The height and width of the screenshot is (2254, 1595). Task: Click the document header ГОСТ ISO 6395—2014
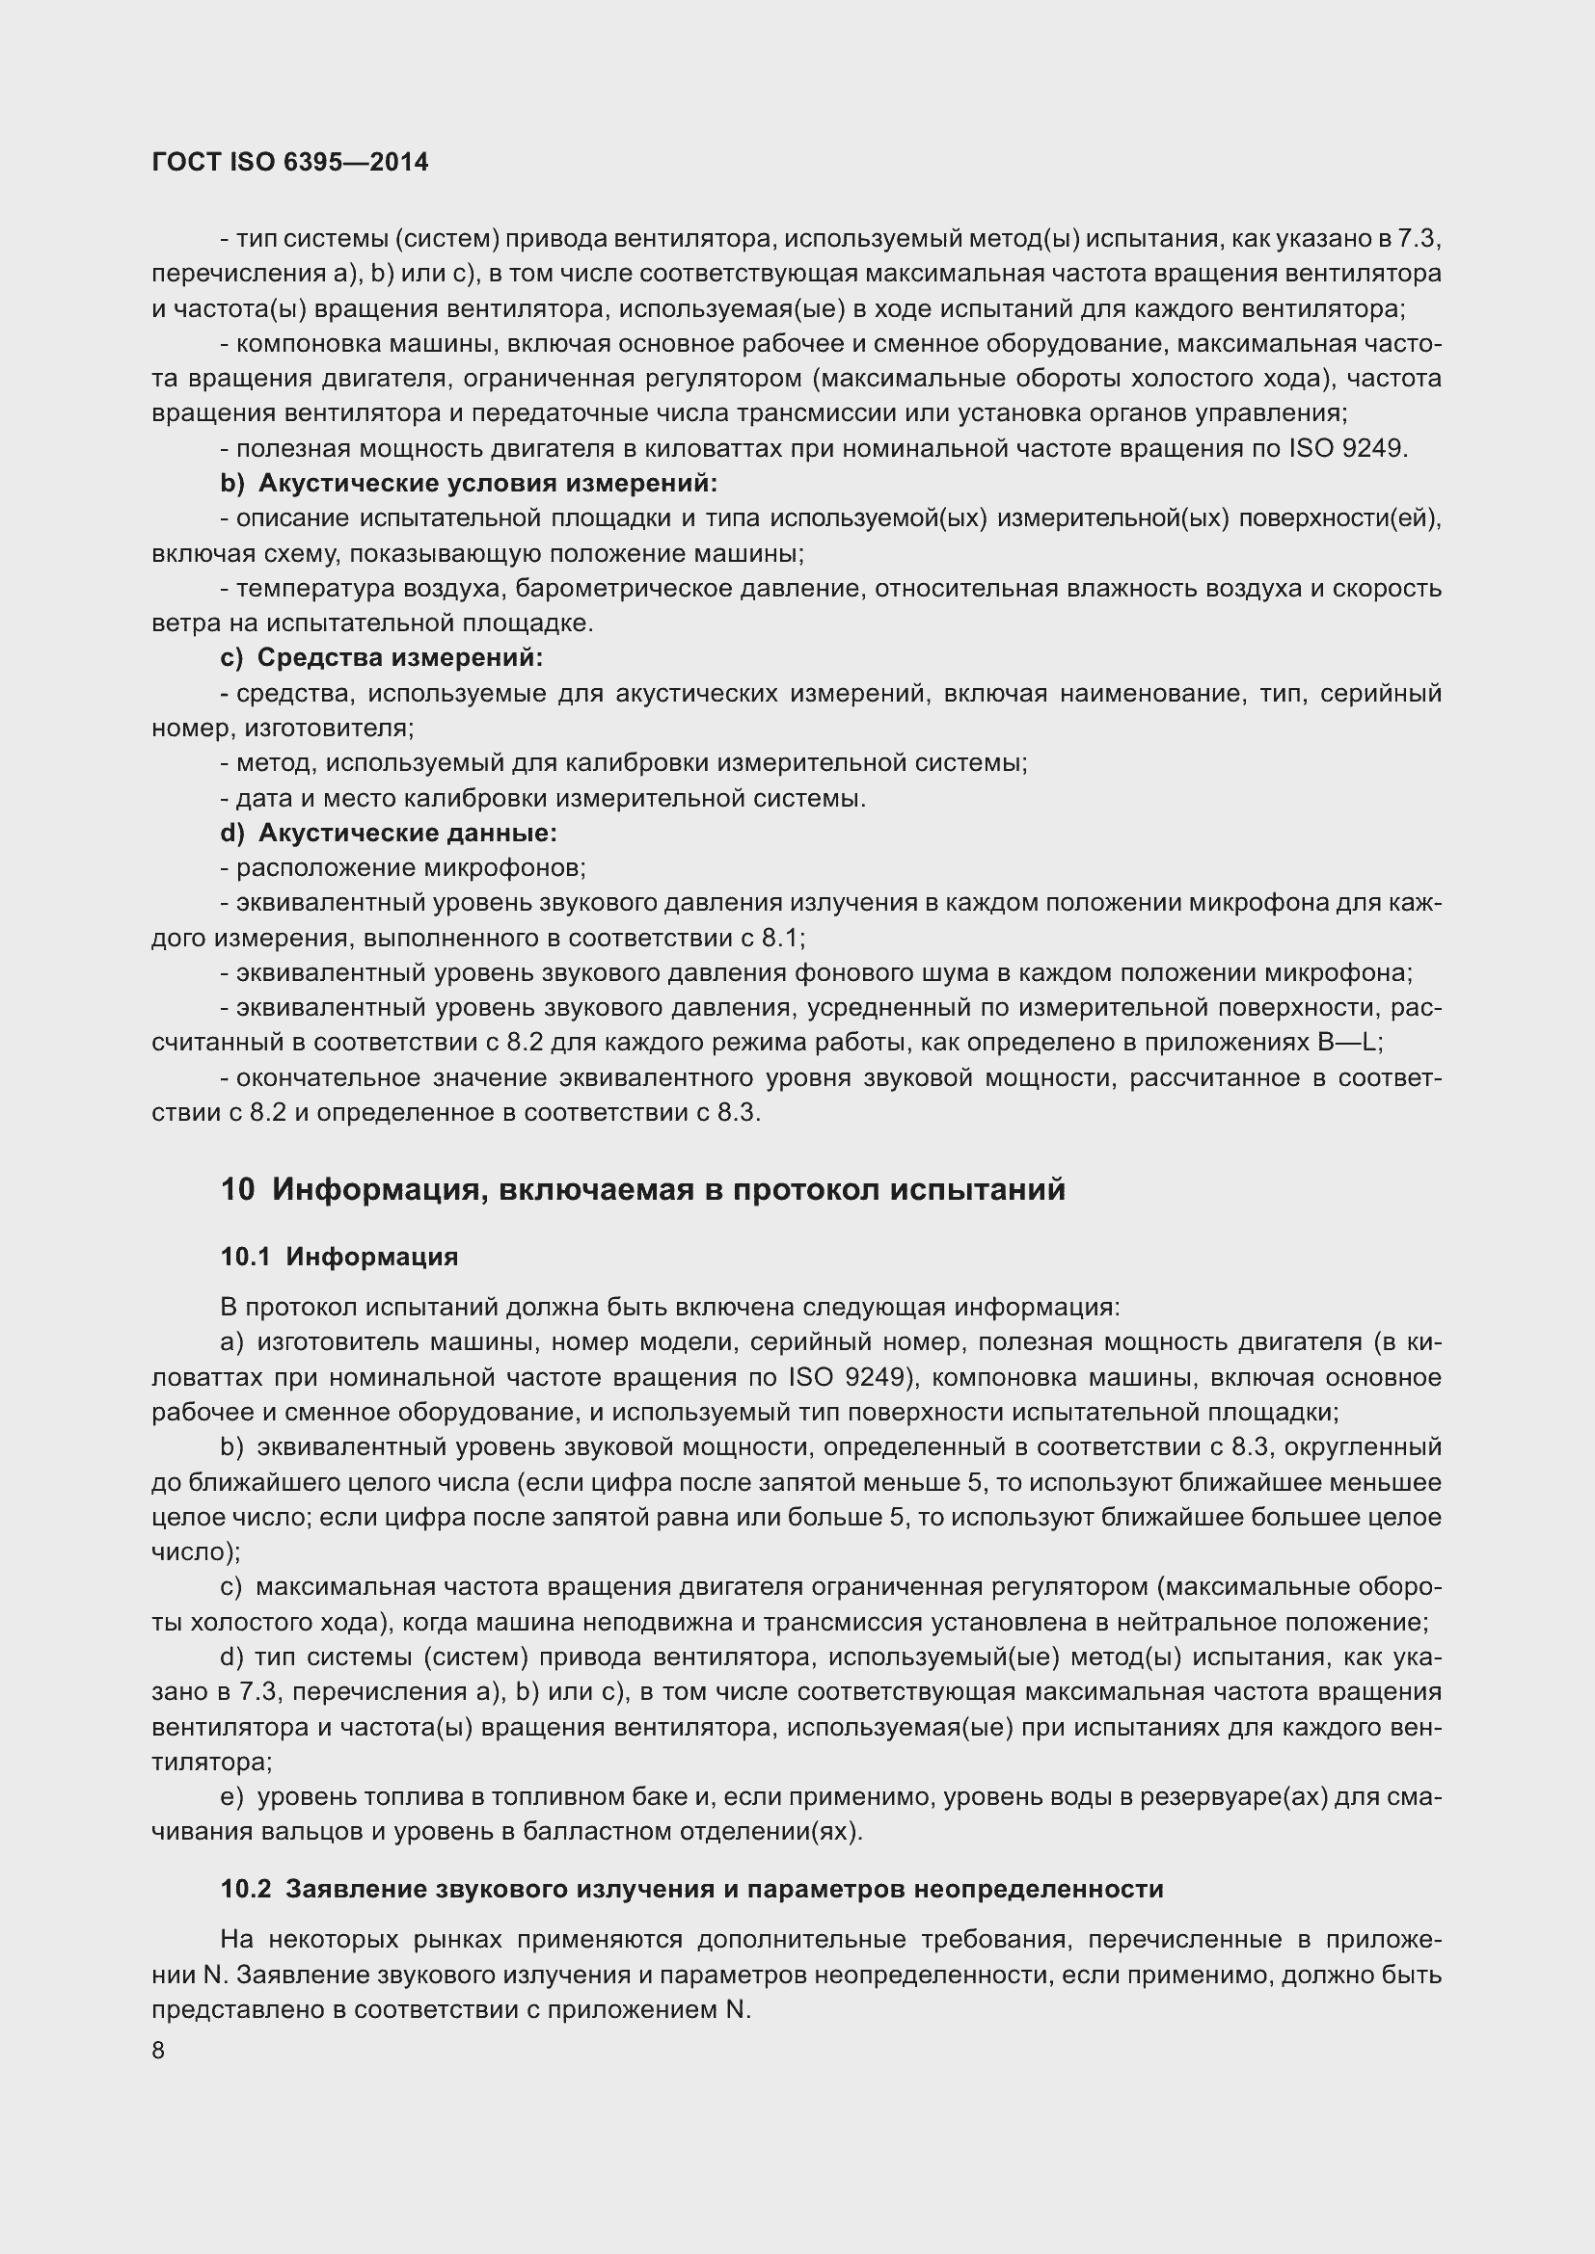(x=290, y=163)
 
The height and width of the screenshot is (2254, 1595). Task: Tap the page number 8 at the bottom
(x=159, y=2051)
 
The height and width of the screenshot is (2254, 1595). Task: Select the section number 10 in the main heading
(x=237, y=1190)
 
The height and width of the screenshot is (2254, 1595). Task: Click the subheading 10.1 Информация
(x=338, y=1257)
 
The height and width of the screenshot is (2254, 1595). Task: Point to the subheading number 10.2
(x=246, y=1889)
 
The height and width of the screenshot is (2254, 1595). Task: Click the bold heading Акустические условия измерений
(x=487, y=484)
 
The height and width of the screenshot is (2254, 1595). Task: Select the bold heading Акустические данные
(x=407, y=834)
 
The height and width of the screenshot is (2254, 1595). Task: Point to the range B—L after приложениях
(x=1347, y=1042)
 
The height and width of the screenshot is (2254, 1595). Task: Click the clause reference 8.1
(x=782, y=938)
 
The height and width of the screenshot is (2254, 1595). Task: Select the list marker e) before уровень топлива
(x=230, y=1796)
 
